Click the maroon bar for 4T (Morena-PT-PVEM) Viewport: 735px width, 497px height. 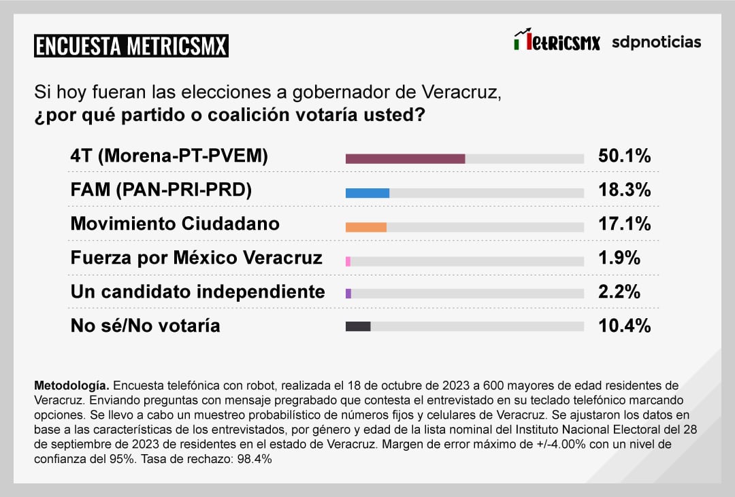pyautogui.click(x=405, y=158)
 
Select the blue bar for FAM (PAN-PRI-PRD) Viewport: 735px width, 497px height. pyautogui.click(x=367, y=192)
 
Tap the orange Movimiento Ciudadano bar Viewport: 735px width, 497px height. pyautogui.click(x=366, y=227)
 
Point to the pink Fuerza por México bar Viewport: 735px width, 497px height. pyautogui.click(x=348, y=261)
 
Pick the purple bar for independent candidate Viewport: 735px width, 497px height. pyautogui.click(x=348, y=293)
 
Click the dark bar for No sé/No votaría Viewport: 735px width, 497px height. pyautogui.click(x=358, y=326)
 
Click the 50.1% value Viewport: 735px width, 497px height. pyautogui.click(x=624, y=156)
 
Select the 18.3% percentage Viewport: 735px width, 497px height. pyautogui.click(x=624, y=190)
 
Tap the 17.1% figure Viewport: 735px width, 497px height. pyautogui.click(x=624, y=224)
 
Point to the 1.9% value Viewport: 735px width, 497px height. pyautogui.click(x=619, y=258)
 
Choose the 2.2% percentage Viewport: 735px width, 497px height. pyautogui.click(x=619, y=292)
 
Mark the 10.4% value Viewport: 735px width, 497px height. pyautogui.click(x=624, y=326)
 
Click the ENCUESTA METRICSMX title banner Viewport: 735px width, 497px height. pyautogui.click(x=131, y=46)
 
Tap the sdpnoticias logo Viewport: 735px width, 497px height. pyautogui.click(x=656, y=42)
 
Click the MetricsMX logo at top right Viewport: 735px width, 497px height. pyautogui.click(x=557, y=41)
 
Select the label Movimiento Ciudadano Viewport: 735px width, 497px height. pyautogui.click(x=175, y=224)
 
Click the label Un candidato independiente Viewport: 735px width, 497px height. pyautogui.click(x=197, y=292)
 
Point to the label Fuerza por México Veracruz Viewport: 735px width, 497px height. pyautogui.click(x=196, y=258)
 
